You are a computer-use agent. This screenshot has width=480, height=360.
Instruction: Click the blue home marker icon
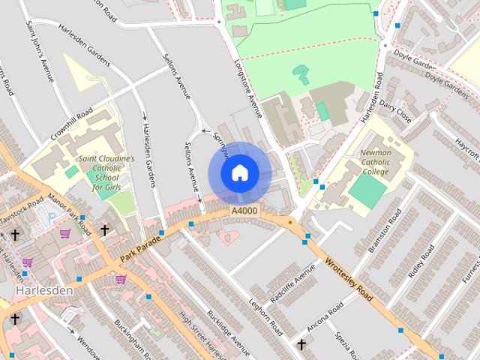(238, 172)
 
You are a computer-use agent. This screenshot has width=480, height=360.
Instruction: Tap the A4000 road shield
(244, 213)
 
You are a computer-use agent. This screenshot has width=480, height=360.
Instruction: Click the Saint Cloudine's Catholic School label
(106, 172)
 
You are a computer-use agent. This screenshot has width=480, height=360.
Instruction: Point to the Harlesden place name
(43, 290)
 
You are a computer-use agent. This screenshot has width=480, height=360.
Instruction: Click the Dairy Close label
(395, 113)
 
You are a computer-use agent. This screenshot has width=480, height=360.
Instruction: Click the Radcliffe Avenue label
(292, 287)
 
